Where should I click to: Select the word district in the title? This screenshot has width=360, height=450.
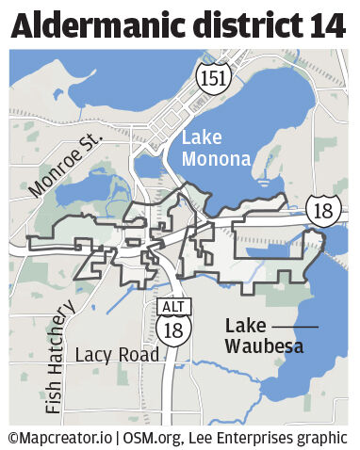(x=247, y=25)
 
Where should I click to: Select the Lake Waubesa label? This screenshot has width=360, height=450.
(x=255, y=336)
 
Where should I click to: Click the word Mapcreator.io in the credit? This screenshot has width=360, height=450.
(x=67, y=438)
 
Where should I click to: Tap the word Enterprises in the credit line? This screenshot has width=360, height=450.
(x=266, y=438)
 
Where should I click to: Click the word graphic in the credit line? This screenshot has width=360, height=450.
(x=327, y=438)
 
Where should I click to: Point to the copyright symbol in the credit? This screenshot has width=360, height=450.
(x=13, y=438)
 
